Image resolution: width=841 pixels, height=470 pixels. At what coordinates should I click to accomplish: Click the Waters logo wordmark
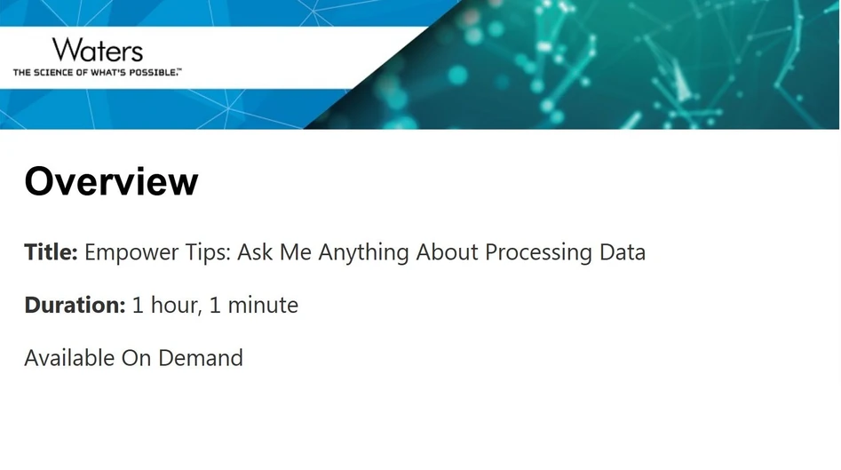tap(97, 50)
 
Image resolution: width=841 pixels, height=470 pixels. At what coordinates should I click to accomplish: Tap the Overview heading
tap(111, 181)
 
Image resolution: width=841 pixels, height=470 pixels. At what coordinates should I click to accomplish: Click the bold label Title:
tap(51, 252)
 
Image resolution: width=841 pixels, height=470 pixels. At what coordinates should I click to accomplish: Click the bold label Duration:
tap(75, 306)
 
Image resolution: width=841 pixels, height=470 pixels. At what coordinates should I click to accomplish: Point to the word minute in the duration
tap(263, 306)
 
